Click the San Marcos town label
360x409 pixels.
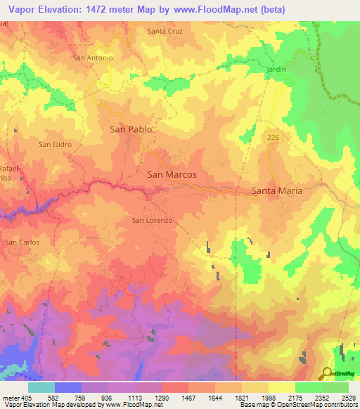[x=171, y=175]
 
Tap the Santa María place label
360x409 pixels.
[x=277, y=191]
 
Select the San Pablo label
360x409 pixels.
[x=131, y=129]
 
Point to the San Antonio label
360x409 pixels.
[x=93, y=58]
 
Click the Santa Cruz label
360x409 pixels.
[x=165, y=31]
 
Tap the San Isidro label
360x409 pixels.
[x=56, y=144]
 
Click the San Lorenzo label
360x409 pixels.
[x=152, y=220]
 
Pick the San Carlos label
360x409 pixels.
[x=22, y=242]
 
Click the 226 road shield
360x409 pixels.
[x=274, y=138]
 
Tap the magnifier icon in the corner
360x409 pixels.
[x=327, y=373]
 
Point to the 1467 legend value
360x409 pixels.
[x=188, y=397]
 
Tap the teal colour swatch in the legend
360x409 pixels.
[x=41, y=387]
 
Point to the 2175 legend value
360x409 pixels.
[x=295, y=397]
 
